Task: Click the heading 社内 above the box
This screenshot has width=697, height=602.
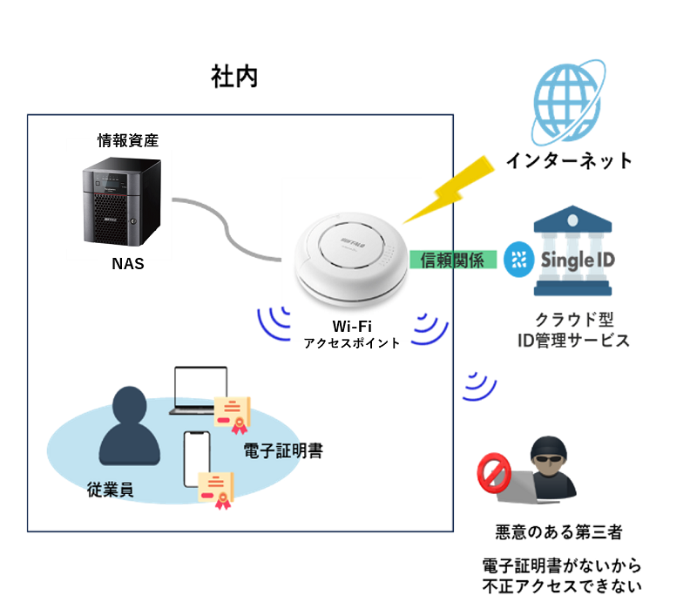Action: click(x=234, y=78)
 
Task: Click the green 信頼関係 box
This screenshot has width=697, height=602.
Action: click(x=452, y=259)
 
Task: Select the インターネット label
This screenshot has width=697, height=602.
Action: click(x=570, y=161)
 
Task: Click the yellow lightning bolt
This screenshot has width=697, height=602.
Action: click(x=447, y=186)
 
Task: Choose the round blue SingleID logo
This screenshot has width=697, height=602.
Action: click(x=520, y=259)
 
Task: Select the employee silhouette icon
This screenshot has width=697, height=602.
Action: click(x=130, y=426)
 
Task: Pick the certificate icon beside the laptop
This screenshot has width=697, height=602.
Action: click(x=233, y=412)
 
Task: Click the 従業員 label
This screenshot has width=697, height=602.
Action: click(x=110, y=489)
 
